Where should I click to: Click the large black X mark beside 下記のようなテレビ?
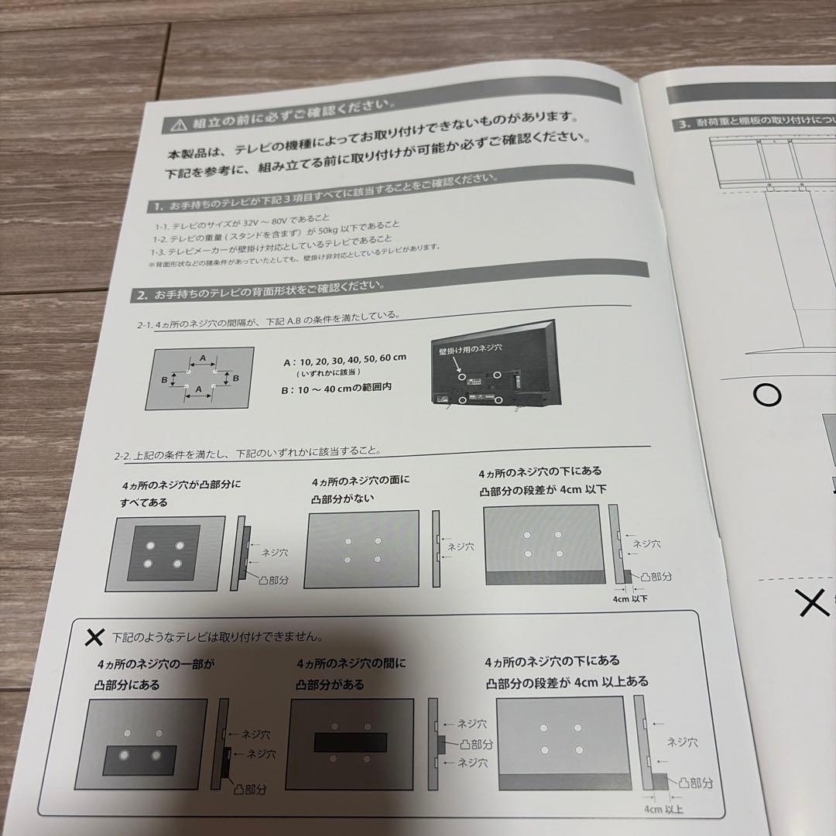pyautogui.click(x=94, y=637)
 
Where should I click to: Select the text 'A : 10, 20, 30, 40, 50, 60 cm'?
pyautogui.click(x=345, y=360)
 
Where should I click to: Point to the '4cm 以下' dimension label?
pyautogui.click(x=629, y=598)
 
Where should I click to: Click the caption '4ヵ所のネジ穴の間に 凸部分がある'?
pyautogui.click(x=350, y=673)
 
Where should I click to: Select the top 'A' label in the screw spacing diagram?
pyautogui.click(x=203, y=358)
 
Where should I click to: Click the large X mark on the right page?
pyautogui.click(x=814, y=603)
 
